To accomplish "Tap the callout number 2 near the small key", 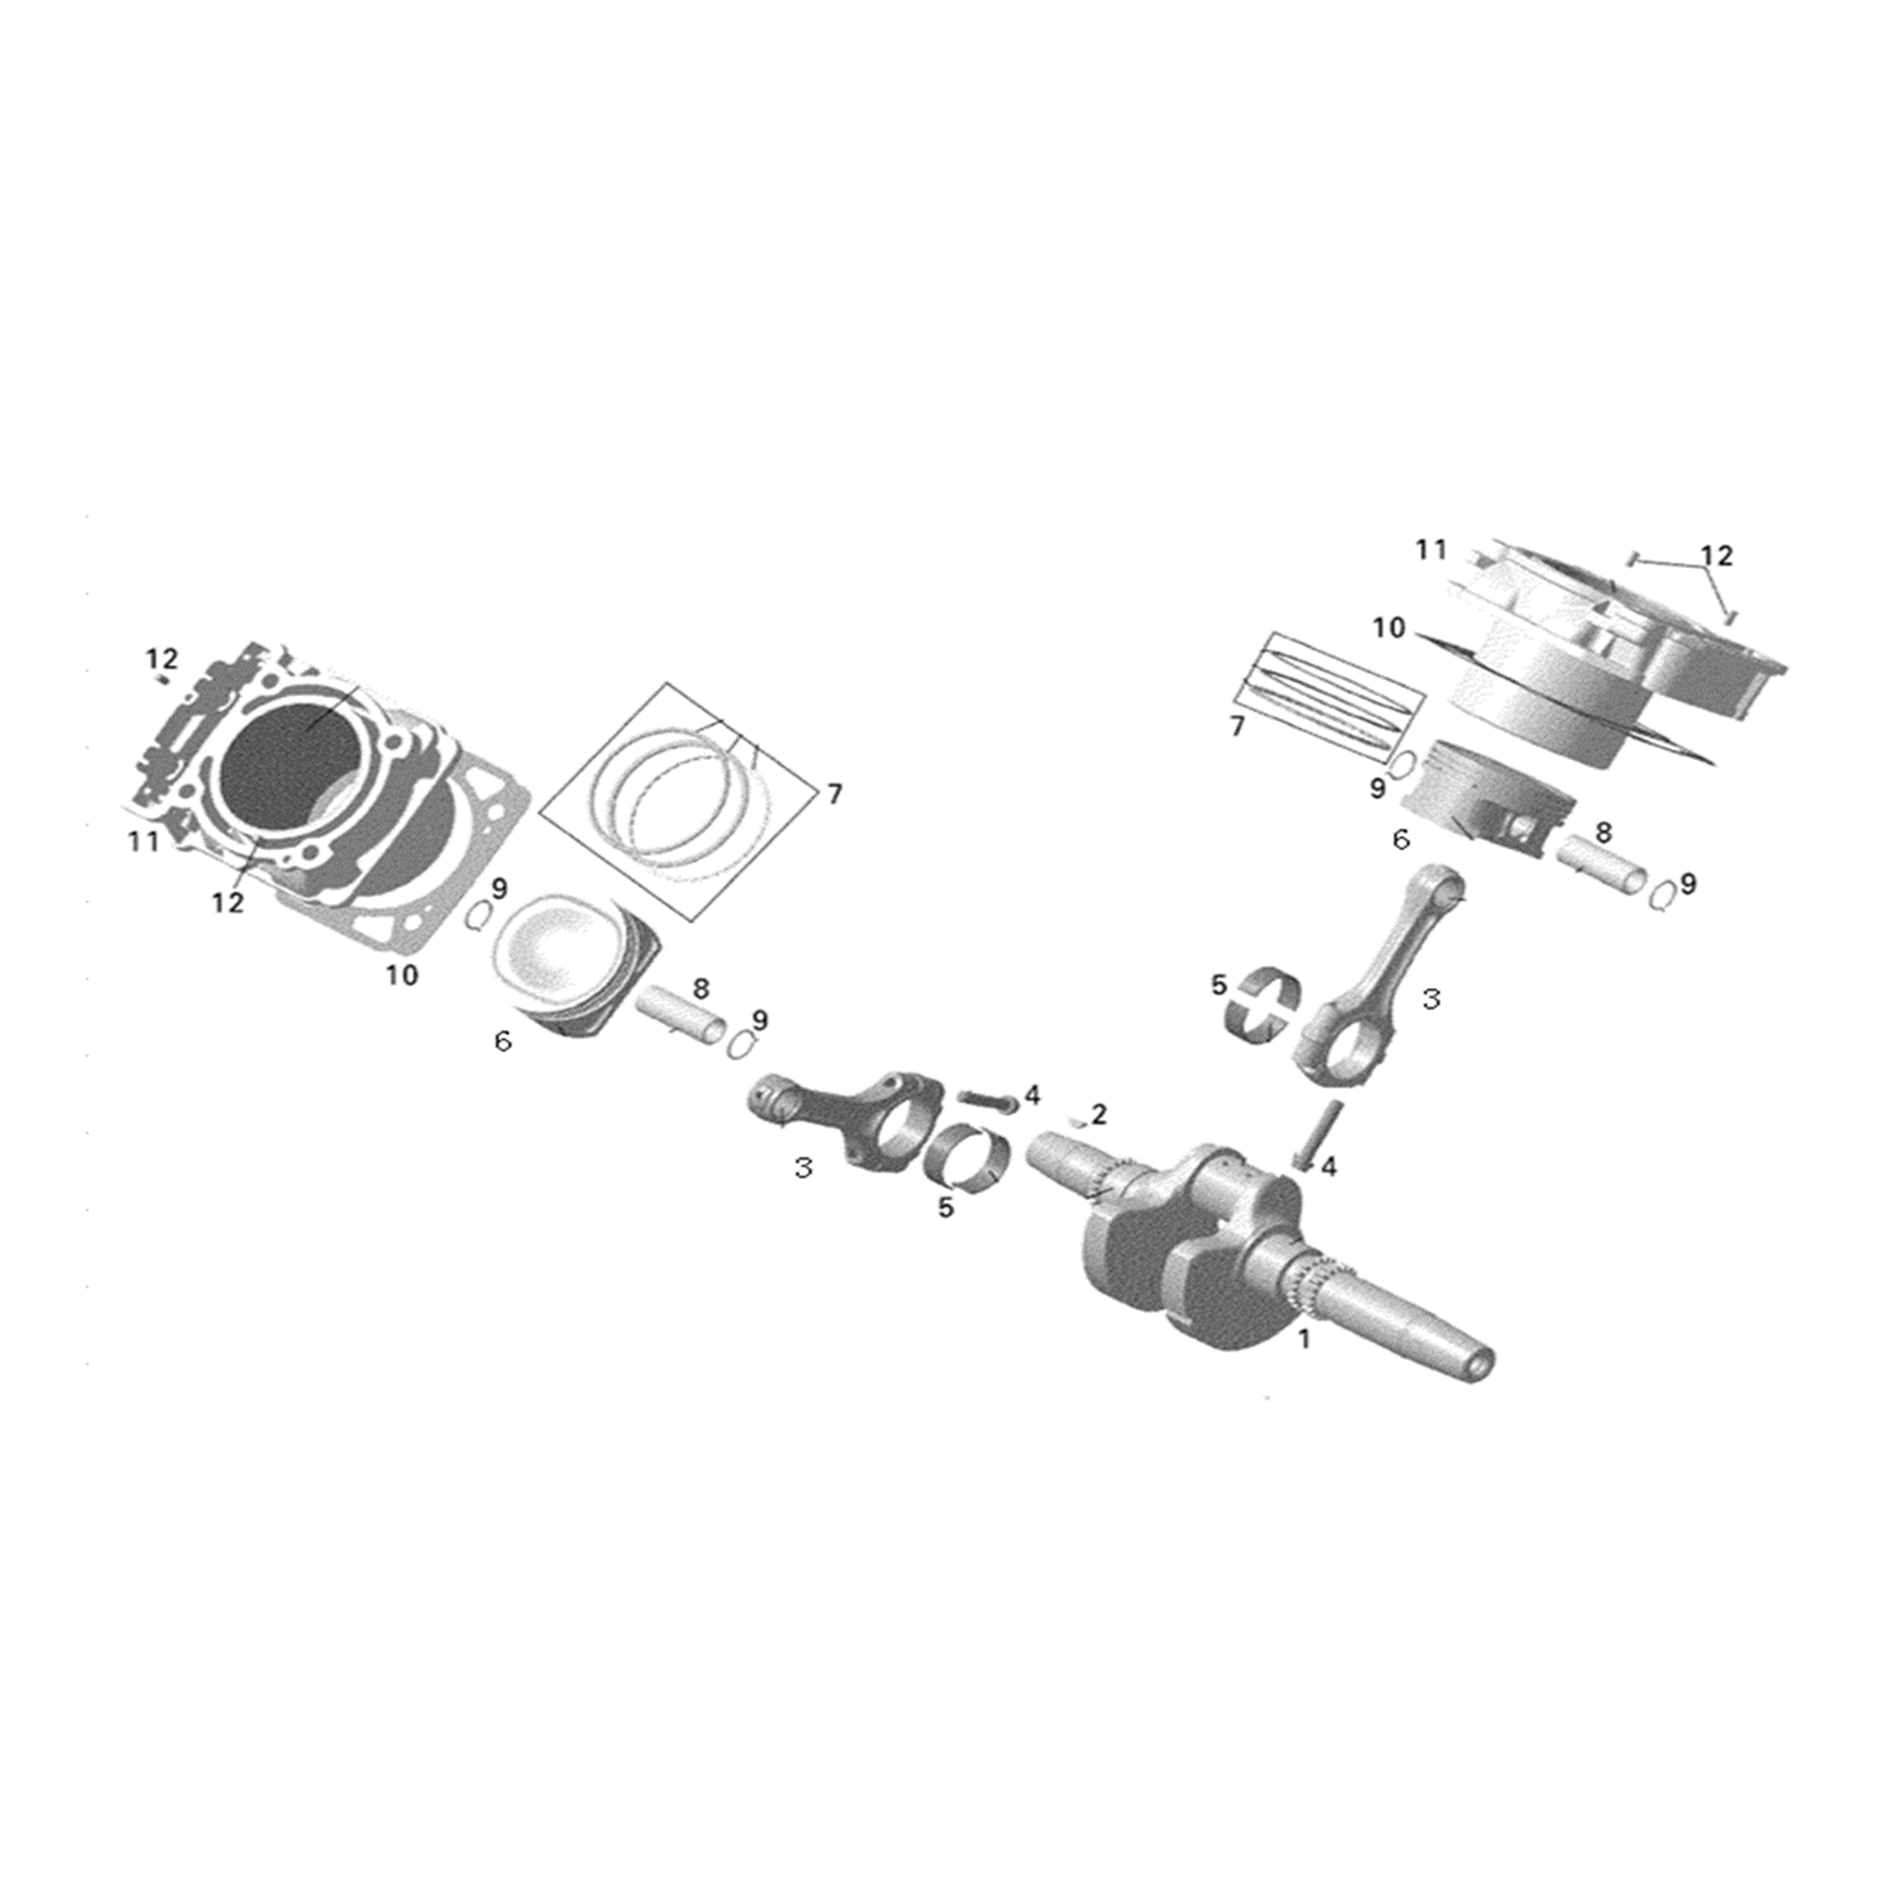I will coord(1099,1114).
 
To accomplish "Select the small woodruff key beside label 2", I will coord(1077,1123).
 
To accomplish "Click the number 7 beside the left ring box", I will coord(834,794).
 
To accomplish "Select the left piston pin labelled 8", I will coord(681,1016).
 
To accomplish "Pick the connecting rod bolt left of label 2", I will coord(987,1099).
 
